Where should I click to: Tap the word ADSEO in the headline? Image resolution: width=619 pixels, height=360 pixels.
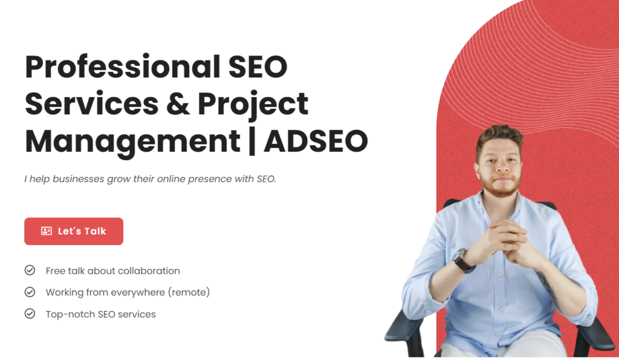[x=316, y=141]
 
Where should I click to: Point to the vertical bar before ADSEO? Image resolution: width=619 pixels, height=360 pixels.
[x=252, y=142]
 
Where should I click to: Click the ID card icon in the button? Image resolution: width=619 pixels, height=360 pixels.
[x=47, y=231]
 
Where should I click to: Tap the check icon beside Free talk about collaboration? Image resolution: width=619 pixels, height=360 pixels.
[x=30, y=270]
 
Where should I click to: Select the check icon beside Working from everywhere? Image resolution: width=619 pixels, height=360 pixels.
[x=30, y=292]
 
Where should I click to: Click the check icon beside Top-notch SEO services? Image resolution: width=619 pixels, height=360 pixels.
[x=30, y=313]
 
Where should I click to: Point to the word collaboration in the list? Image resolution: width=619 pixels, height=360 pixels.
[x=149, y=271]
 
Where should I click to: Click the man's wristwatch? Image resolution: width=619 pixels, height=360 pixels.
[x=463, y=261]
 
